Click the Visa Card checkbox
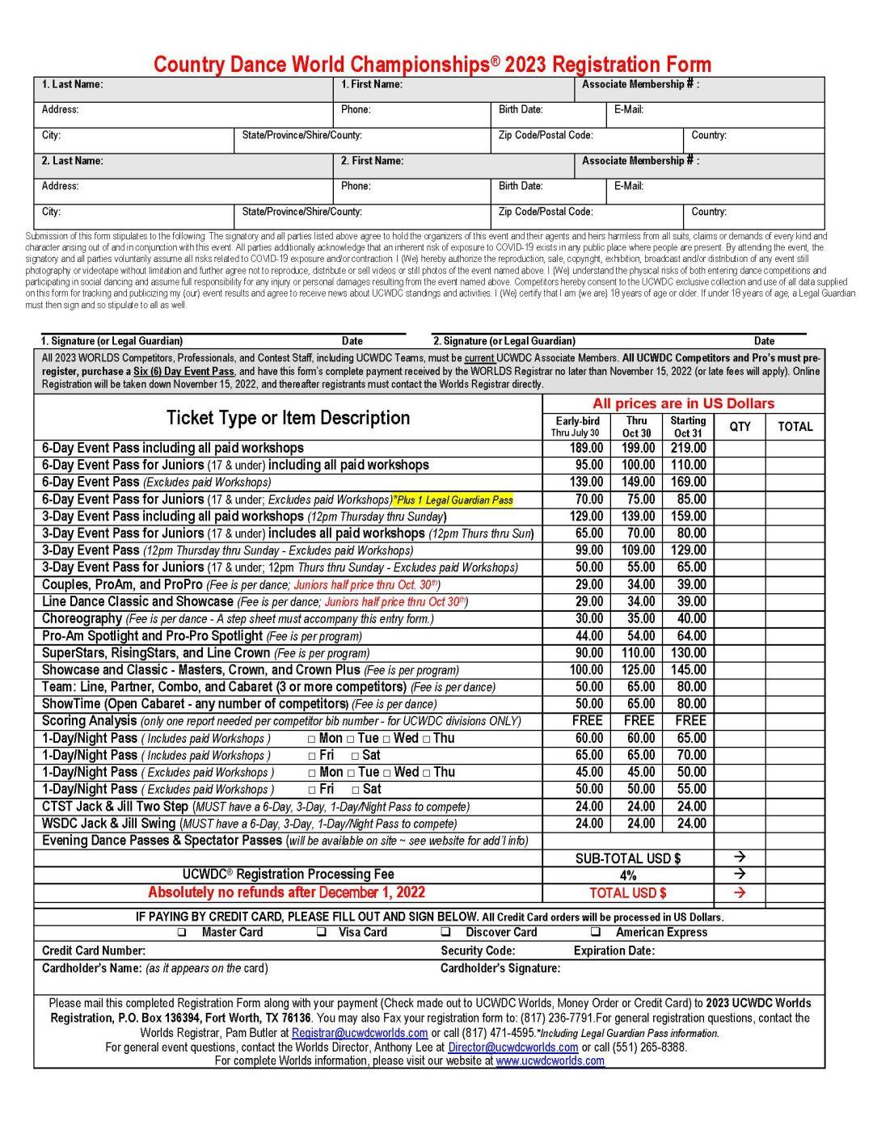322,932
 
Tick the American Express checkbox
595,932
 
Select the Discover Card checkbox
445,932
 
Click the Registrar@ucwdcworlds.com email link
360,1033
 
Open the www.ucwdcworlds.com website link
550,1060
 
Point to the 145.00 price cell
688,669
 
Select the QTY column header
740,426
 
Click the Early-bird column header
577,421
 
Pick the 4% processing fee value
628,875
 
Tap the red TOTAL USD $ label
628,893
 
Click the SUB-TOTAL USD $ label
628,858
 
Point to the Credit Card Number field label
94,951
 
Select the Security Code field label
478,951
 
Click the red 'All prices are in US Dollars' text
683,403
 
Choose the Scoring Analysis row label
89,720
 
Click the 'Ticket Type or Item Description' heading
288,418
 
